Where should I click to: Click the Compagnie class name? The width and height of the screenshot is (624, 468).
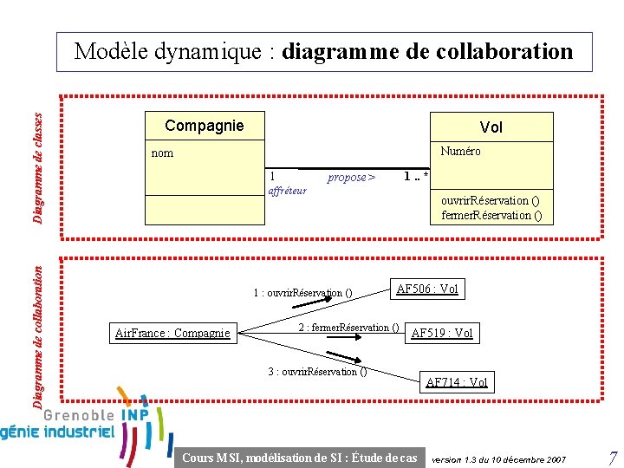(205, 126)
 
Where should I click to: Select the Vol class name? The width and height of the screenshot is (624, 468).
(491, 127)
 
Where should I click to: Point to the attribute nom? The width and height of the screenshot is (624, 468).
(163, 153)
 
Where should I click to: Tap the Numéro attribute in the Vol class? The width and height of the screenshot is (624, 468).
(460, 151)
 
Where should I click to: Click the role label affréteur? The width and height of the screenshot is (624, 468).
(288, 191)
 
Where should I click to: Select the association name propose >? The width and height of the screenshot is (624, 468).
(351, 177)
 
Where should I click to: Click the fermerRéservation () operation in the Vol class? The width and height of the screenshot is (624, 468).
(491, 215)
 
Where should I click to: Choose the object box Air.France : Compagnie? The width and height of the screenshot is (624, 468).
(173, 333)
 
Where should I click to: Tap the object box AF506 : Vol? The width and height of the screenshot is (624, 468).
(427, 289)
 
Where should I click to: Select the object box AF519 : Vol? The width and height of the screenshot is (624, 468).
(442, 333)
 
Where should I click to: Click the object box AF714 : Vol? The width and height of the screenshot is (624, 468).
(457, 382)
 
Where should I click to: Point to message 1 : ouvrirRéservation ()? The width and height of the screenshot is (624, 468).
(302, 293)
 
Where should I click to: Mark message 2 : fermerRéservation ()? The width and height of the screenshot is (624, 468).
(348, 328)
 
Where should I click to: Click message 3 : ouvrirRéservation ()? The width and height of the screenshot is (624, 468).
(317, 372)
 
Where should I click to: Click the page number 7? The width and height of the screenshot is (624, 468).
(612, 458)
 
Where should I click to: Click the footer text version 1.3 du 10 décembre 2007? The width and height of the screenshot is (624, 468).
(498, 458)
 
